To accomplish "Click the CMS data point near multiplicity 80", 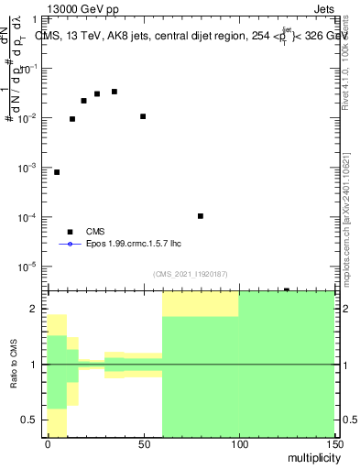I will click(201, 216).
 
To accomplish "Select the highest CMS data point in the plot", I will click(115, 92).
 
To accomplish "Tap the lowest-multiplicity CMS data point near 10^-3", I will click(57, 172).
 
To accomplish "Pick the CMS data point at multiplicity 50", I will click(143, 116).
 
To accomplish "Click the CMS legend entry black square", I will click(70, 233).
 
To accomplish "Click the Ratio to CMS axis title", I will click(14, 364).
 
